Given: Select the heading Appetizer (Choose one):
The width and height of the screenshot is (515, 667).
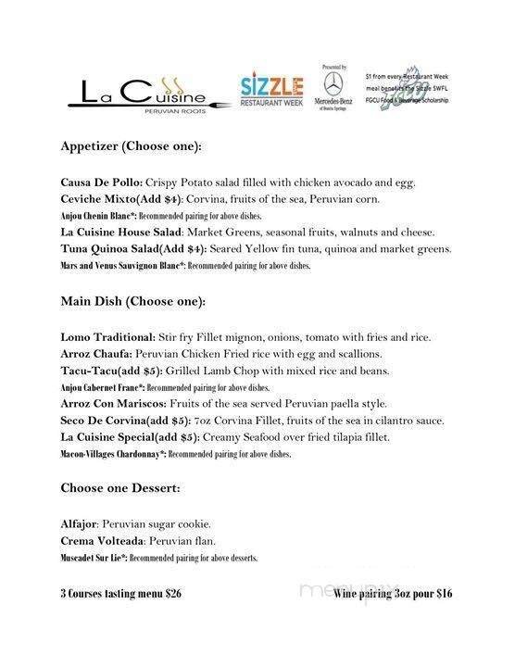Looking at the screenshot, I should pos(132,146).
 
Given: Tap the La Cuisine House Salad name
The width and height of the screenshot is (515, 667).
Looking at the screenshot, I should pos(120,232).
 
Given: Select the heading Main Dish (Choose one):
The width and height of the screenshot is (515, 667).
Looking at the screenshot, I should pos(133,301).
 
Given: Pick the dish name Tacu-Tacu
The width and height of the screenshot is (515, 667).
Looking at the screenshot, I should pos(90,371).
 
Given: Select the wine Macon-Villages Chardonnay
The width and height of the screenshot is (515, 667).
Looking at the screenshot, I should pos(111,454).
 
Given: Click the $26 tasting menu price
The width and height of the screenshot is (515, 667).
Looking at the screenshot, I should pos(171,594).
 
